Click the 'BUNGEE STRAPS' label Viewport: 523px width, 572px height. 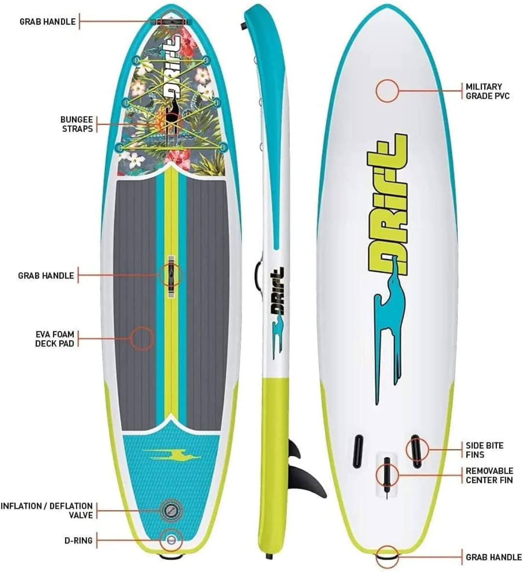(x=77, y=124)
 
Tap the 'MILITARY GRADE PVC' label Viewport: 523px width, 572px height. (x=487, y=91)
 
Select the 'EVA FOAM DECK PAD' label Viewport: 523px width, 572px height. (x=55, y=339)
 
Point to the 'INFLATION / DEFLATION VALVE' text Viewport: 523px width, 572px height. (x=47, y=511)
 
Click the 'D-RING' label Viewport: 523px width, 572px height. (x=78, y=540)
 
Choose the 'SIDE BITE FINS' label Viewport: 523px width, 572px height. (x=484, y=450)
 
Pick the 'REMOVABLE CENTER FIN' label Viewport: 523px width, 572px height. (x=489, y=475)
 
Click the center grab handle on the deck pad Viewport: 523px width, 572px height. (x=171, y=275)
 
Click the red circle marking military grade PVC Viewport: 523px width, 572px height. (x=387, y=90)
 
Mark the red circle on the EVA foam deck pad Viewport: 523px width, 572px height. (x=142, y=338)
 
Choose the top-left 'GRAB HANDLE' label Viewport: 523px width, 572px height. (x=47, y=22)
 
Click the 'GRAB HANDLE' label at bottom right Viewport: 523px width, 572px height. (x=494, y=557)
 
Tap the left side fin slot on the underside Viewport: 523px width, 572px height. (x=358, y=451)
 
